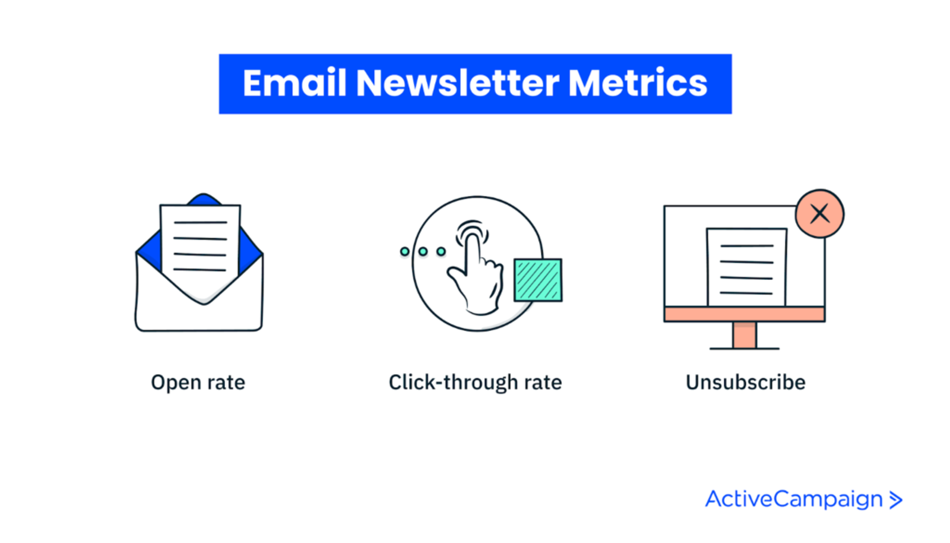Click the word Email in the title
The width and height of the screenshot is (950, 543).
pos(294,83)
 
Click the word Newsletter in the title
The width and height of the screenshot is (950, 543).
pos(457,83)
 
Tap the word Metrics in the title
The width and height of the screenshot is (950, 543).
pos(638,83)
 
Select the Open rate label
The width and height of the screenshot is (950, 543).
pos(198,382)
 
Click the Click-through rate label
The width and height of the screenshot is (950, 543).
pos(475,382)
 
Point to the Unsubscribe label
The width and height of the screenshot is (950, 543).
pos(745,382)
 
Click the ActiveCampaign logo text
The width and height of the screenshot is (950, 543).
pos(794,499)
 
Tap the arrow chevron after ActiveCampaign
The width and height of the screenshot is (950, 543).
pos(895,500)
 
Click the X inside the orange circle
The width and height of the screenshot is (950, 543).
pos(819,214)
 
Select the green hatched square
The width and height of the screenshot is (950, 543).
pos(538,280)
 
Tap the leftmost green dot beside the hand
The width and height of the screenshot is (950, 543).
pos(405,252)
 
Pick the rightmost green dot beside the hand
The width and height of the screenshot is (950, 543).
pos(441,252)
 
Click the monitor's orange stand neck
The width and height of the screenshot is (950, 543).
pos(744,334)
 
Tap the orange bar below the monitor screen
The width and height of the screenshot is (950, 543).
pos(744,314)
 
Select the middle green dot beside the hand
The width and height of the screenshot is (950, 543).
pos(423,252)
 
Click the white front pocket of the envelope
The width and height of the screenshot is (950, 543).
pos(199,315)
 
